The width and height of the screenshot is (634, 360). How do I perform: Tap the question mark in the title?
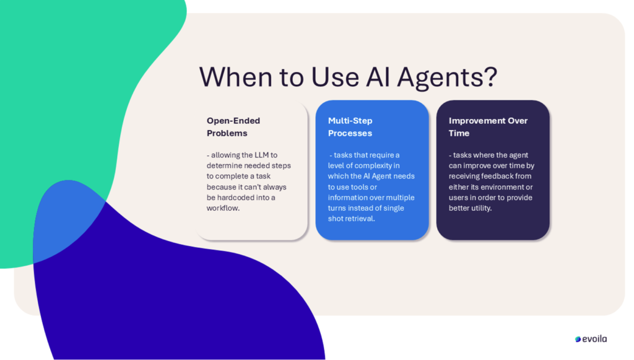(490, 76)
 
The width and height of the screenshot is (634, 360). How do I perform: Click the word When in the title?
(236, 76)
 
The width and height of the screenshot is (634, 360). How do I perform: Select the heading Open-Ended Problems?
(233, 127)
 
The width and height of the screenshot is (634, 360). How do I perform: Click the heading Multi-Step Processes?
(350, 127)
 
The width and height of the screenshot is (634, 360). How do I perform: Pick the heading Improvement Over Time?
(488, 127)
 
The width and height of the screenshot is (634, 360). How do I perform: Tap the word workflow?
(223, 208)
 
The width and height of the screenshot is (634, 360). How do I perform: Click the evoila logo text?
(594, 339)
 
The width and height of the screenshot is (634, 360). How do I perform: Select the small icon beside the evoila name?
(578, 340)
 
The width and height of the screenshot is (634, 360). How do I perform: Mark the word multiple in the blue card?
(401, 198)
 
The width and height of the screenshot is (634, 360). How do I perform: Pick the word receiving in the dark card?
(464, 177)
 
